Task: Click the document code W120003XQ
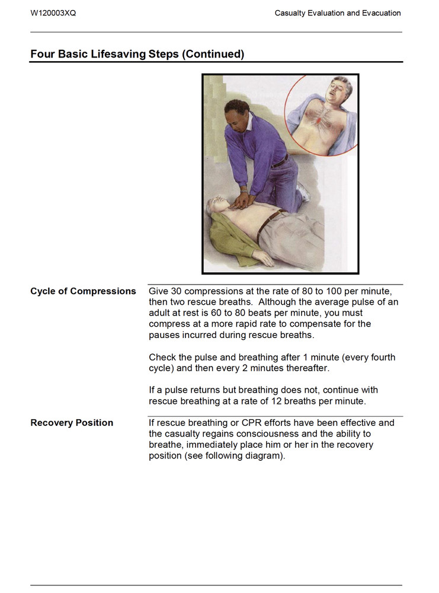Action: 53,13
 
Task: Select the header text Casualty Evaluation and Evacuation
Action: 338,13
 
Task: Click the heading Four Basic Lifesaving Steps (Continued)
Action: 137,54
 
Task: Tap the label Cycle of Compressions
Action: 83,291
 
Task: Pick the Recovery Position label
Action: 72,423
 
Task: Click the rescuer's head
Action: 238,113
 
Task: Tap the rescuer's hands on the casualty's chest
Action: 242,201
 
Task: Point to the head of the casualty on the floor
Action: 215,207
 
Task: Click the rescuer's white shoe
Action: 303,191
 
